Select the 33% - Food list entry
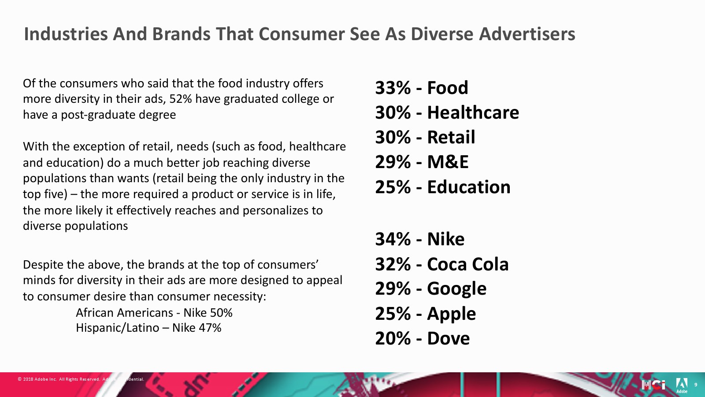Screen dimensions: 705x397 click(x=422, y=88)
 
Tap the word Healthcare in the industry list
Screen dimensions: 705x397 click(x=473, y=112)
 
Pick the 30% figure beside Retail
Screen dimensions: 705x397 click(x=393, y=137)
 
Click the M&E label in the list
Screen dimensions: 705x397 click(x=448, y=162)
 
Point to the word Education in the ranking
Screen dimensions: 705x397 click(x=469, y=187)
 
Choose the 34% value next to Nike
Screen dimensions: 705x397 click(x=393, y=239)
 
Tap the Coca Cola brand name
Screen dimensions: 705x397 click(x=468, y=264)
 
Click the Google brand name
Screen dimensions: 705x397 click(x=456, y=289)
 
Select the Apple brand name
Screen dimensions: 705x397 click(x=451, y=314)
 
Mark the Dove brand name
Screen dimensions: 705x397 click(x=449, y=338)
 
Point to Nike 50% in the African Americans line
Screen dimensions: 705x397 click(x=208, y=313)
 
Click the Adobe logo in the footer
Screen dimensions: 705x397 click(x=682, y=386)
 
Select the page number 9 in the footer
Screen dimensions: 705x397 click(x=696, y=385)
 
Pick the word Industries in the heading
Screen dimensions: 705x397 click(x=66, y=34)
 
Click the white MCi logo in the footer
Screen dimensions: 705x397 click(x=654, y=385)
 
